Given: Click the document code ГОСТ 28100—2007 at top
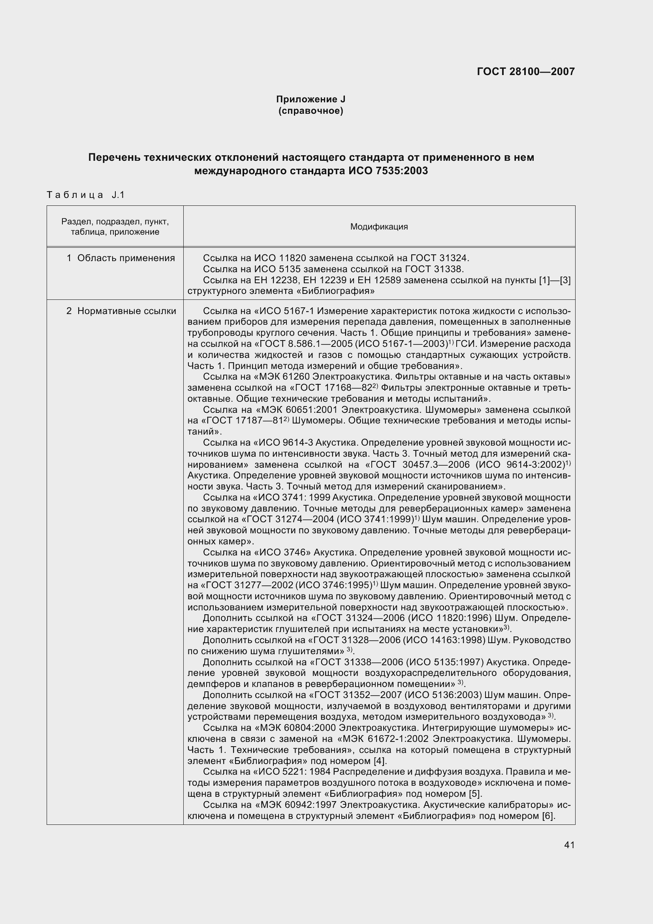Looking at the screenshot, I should (x=525, y=72).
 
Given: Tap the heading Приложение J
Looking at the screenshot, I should (x=311, y=100).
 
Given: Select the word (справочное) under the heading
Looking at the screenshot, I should (x=311, y=111).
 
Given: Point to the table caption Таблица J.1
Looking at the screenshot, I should (x=86, y=195).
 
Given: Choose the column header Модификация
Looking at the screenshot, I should (x=378, y=227).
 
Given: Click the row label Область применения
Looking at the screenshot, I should (x=126, y=258).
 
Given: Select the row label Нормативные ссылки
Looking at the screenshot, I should (x=126, y=311).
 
